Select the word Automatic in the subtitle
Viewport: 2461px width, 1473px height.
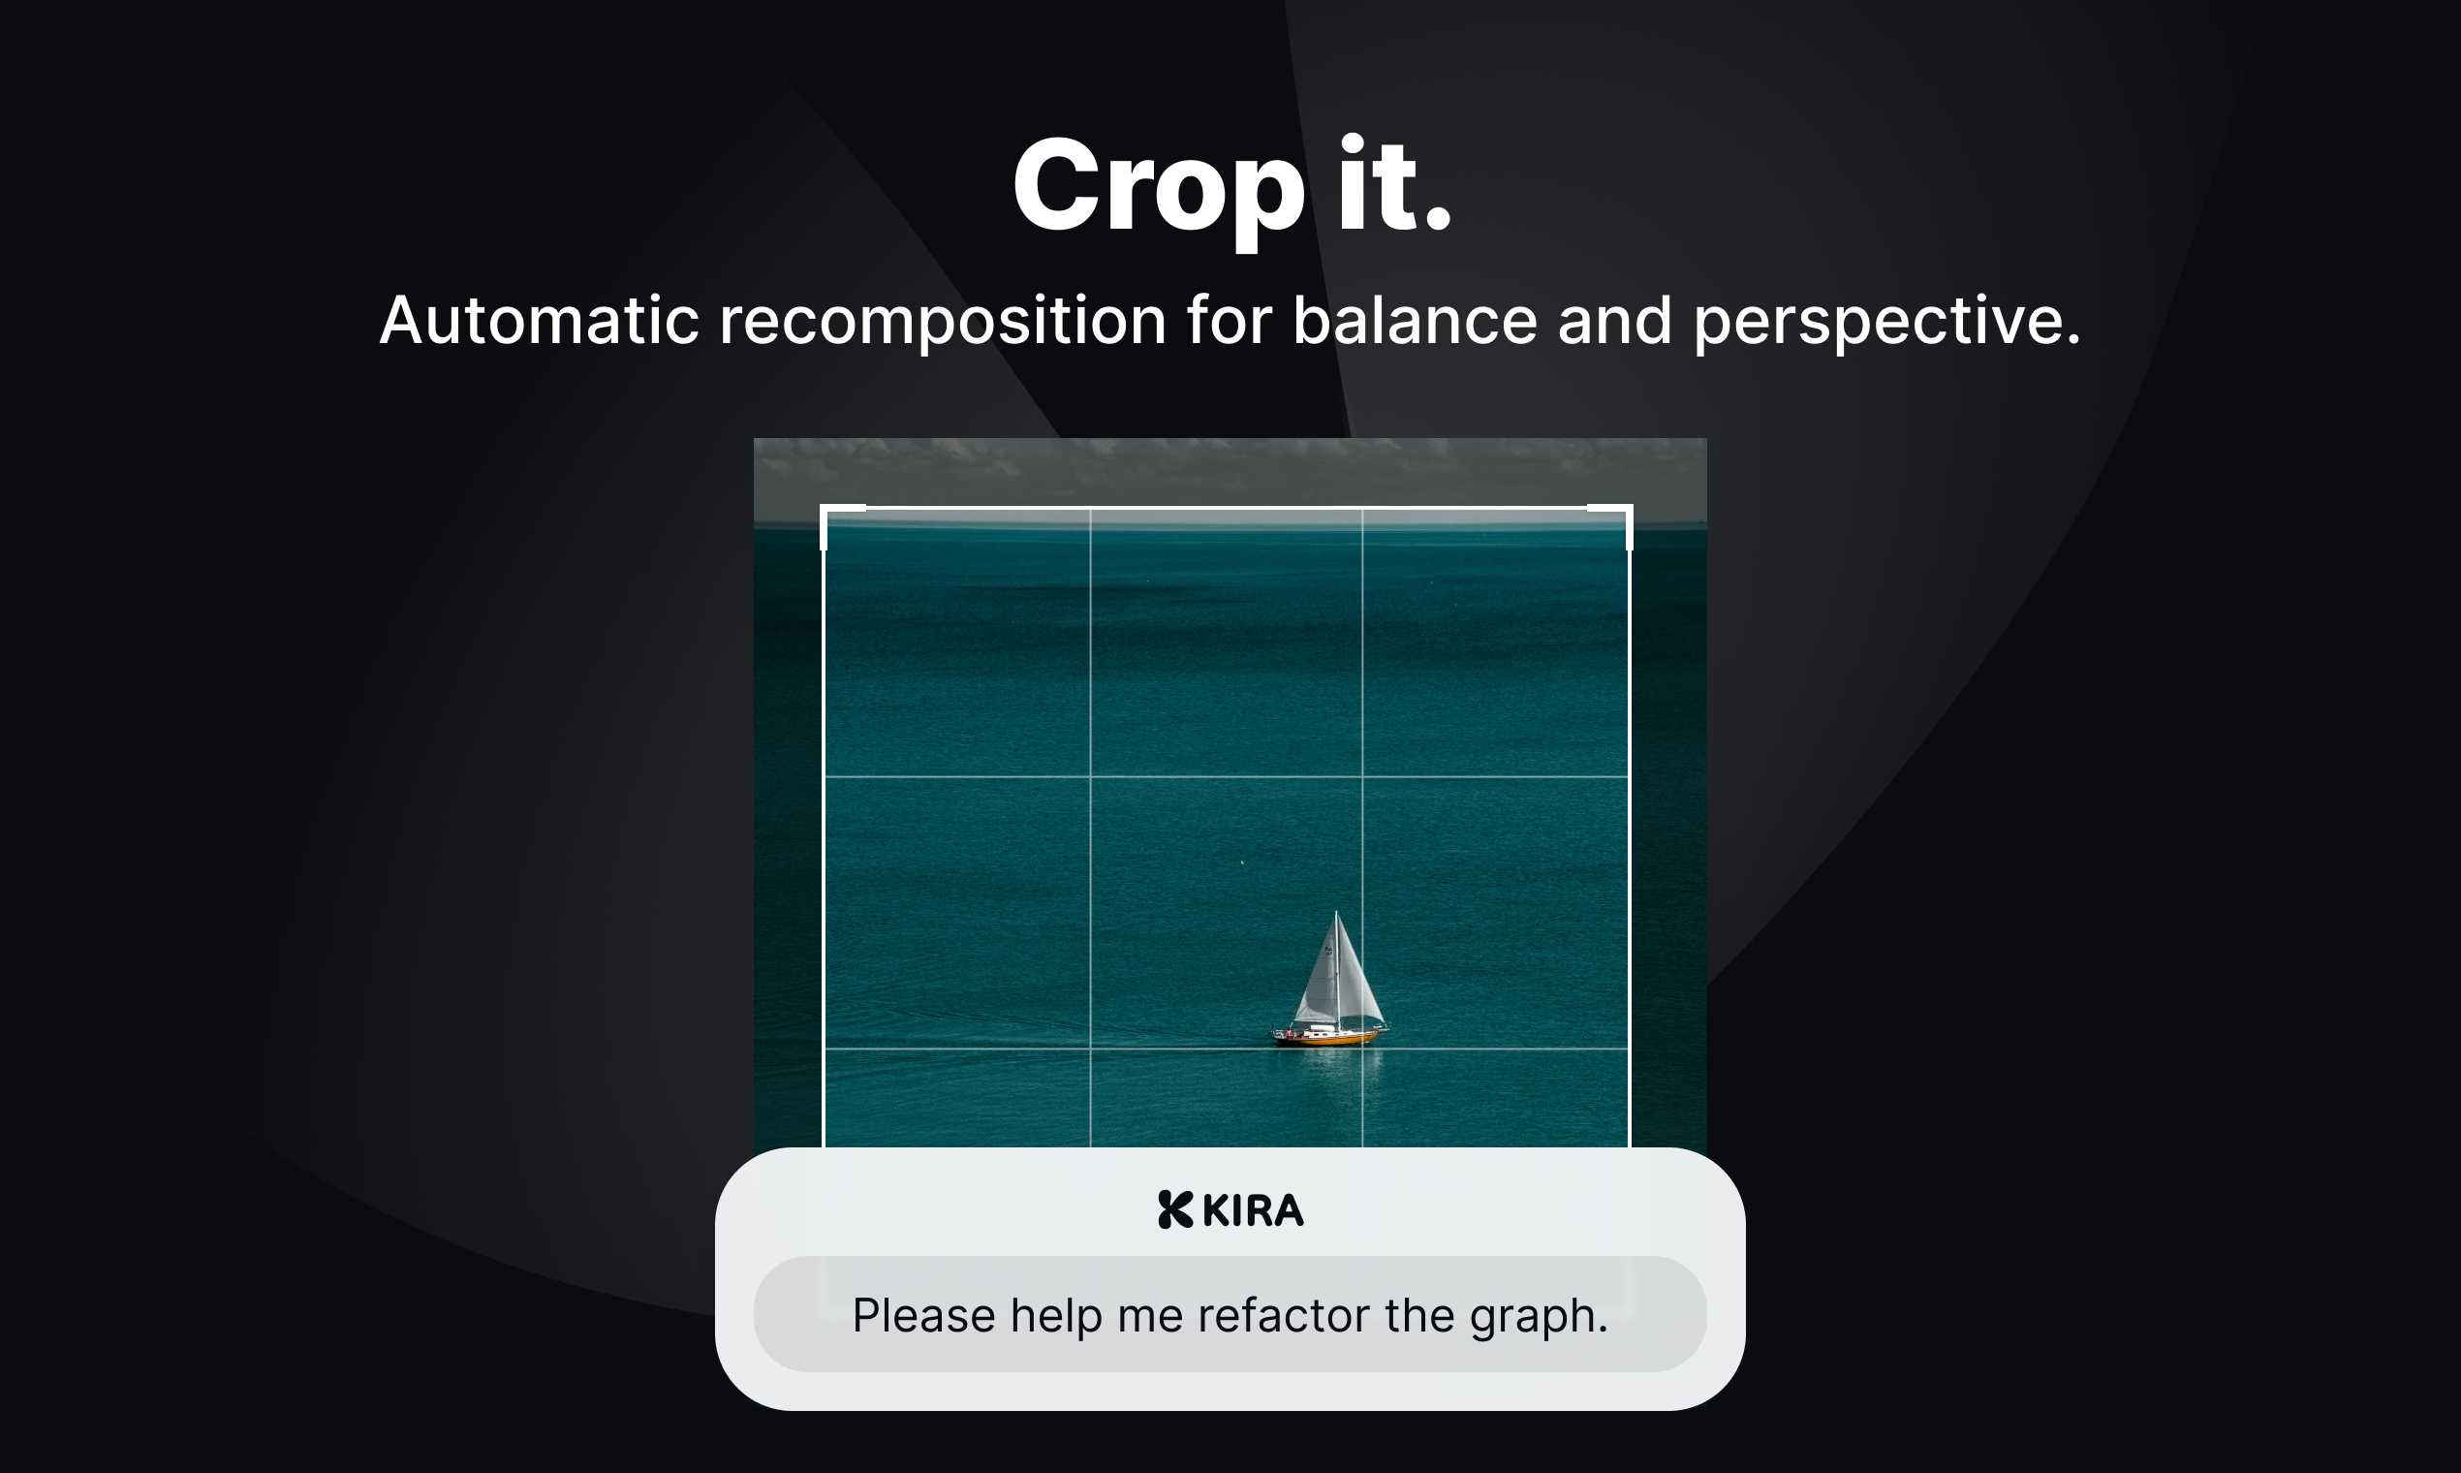coord(539,321)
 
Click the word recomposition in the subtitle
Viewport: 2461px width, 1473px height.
coord(942,321)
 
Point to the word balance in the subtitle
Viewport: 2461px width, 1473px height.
coord(1414,321)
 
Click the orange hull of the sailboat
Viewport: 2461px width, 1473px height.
coord(1329,1038)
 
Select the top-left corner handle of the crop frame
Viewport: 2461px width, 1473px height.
coord(826,509)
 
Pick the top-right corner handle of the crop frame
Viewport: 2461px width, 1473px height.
coord(1629,509)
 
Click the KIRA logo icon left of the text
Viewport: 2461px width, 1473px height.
coord(1175,1210)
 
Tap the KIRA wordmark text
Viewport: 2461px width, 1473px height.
coord(1253,1211)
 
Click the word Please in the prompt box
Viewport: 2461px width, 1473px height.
coord(922,1316)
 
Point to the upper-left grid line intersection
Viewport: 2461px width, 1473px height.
coord(1091,776)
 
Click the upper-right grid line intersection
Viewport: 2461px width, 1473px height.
coord(1362,776)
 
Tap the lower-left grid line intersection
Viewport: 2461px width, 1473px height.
coord(1091,1049)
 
